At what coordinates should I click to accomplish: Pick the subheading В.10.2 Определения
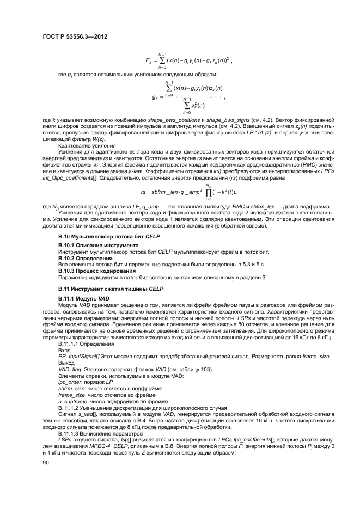click(x=83, y=259)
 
